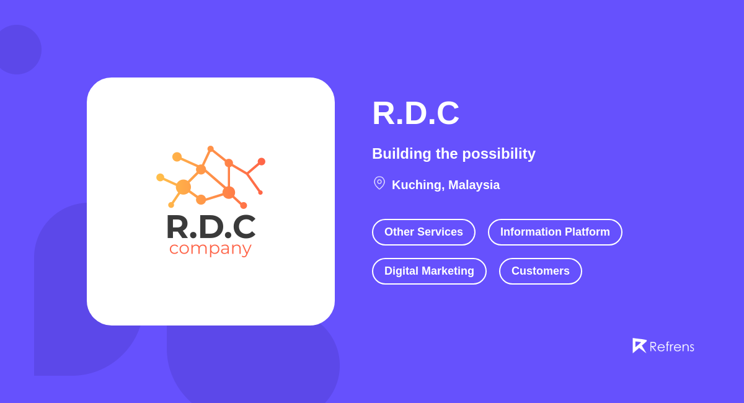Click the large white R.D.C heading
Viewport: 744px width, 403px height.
(x=415, y=113)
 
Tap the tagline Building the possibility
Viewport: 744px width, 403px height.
(x=453, y=154)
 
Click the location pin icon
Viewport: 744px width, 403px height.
(x=379, y=183)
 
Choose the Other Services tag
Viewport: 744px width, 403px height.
(x=423, y=232)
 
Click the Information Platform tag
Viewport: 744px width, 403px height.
(x=555, y=232)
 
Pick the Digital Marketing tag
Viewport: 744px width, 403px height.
(x=429, y=271)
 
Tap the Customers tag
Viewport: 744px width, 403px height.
(x=540, y=271)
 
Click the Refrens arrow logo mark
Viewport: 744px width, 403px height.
(x=639, y=345)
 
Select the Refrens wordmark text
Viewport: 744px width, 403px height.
(x=671, y=347)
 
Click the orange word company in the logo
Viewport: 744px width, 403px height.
(x=210, y=248)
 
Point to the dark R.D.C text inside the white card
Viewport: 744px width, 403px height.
(x=210, y=226)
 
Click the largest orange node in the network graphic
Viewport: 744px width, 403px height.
(x=184, y=187)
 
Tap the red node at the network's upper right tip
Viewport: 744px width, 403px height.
(x=262, y=161)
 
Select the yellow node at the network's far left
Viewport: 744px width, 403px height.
(x=160, y=177)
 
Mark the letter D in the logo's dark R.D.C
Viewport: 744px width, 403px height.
(x=210, y=226)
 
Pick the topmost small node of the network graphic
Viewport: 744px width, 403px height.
(x=211, y=149)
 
